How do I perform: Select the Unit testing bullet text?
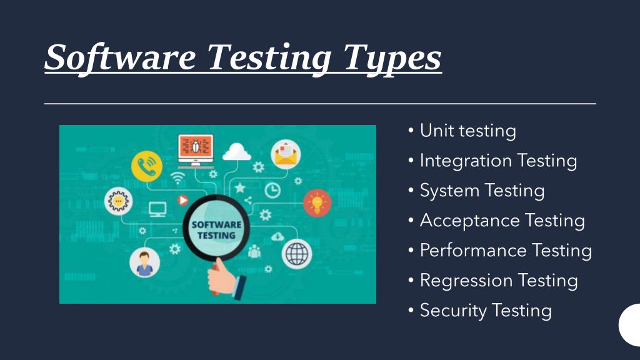coord(467,131)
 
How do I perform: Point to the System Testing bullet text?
coord(482,191)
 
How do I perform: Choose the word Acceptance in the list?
coord(469,221)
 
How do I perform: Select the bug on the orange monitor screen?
coord(196,147)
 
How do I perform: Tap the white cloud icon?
coord(237,151)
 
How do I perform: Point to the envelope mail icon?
coord(286,154)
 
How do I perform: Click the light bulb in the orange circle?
coord(317,203)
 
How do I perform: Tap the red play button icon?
coord(183,200)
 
